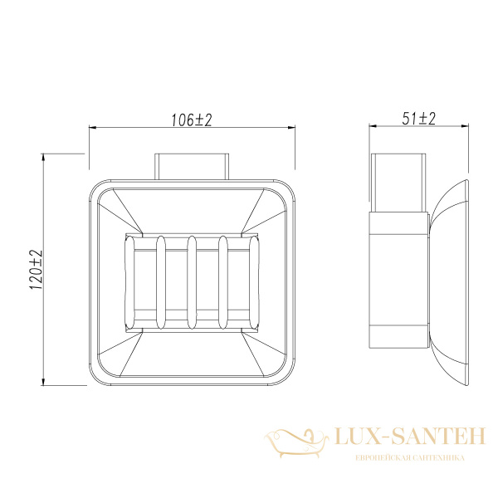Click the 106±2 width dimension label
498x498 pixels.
point(192,120)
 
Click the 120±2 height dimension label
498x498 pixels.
point(36,269)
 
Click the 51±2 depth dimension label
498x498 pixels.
point(419,119)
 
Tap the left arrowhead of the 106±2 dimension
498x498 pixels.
point(92,128)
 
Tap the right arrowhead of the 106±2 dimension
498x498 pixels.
point(291,128)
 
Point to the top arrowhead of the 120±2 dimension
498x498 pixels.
point(43,158)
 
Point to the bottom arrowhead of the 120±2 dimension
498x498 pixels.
point(43,382)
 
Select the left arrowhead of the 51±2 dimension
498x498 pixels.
point(373,126)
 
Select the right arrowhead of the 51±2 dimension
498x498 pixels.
point(465,126)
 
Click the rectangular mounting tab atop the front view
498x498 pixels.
point(192,167)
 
